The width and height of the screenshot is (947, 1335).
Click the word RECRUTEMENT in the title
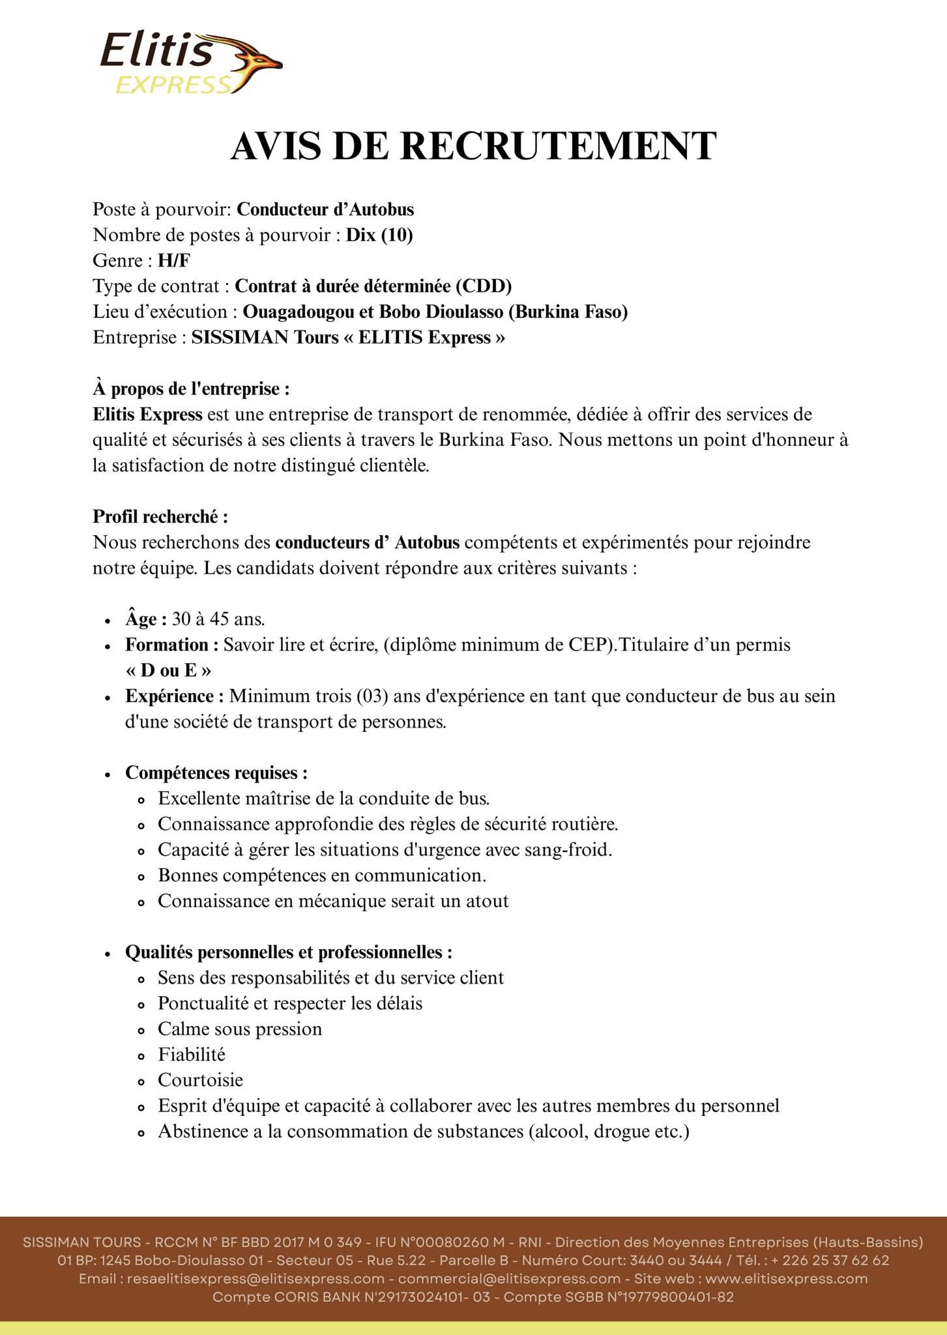click(x=558, y=146)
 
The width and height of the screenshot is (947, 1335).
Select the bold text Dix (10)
click(x=379, y=235)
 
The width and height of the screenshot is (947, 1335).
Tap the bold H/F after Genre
click(x=174, y=261)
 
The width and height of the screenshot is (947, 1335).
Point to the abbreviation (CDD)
click(x=483, y=286)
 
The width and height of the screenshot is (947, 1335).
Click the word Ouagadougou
click(x=299, y=312)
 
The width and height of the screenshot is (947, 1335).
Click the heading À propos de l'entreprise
click(x=191, y=389)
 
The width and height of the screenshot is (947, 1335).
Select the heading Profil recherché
click(x=160, y=517)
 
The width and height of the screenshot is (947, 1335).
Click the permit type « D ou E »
click(x=168, y=671)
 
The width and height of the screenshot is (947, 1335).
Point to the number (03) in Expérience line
click(x=372, y=696)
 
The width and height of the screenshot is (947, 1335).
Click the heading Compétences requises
click(x=216, y=773)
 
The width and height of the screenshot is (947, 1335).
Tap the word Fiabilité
click(x=192, y=1055)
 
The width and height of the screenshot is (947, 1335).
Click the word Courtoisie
click(x=200, y=1080)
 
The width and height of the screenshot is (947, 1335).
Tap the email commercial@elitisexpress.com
click(x=509, y=1279)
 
